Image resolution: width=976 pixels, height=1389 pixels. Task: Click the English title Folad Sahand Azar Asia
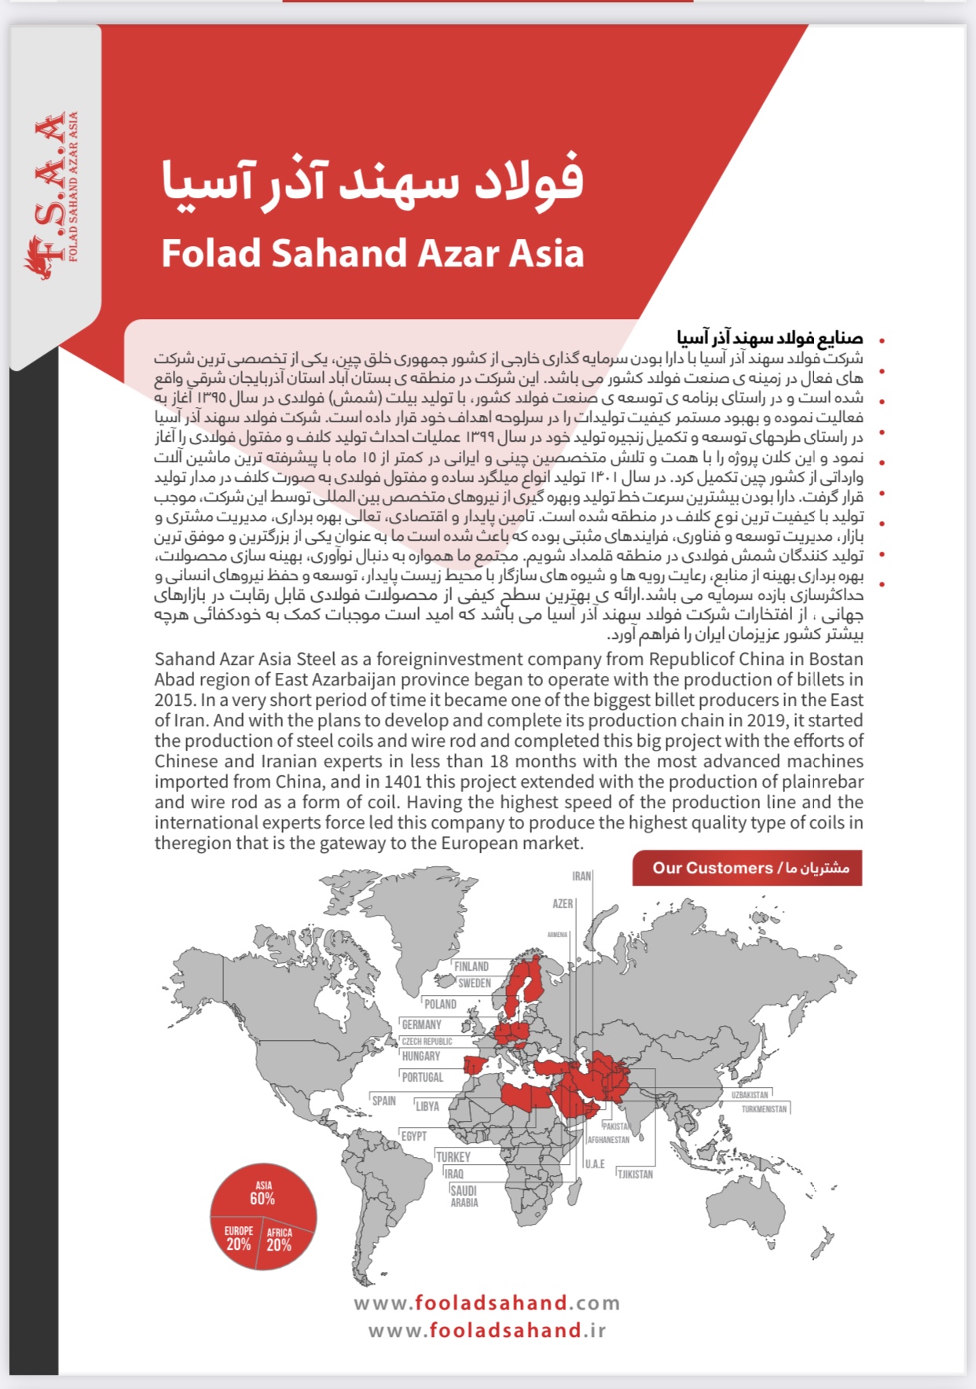coord(372,253)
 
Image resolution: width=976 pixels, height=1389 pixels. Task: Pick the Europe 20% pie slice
coord(237,1239)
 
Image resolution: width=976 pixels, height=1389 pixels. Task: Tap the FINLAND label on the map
coord(471,966)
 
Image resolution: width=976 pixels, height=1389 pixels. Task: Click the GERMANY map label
coord(421,1024)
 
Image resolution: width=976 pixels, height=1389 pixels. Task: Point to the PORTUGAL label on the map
coord(423,1077)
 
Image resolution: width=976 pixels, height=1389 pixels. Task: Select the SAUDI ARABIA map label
coord(464,1196)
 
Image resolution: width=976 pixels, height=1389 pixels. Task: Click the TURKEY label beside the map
coord(453,1156)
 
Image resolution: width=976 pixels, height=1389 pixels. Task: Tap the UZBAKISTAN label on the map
coord(750,1094)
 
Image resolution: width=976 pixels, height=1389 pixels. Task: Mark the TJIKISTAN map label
coord(635,1174)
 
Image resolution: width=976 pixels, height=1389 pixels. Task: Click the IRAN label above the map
coord(582,876)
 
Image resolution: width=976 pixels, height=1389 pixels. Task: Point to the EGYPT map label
coord(413,1136)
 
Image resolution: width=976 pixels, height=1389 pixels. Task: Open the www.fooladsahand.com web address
coord(487,1303)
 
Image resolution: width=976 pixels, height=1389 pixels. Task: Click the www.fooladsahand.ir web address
coord(487,1330)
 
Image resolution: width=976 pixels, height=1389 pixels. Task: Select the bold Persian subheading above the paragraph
coord(770,338)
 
